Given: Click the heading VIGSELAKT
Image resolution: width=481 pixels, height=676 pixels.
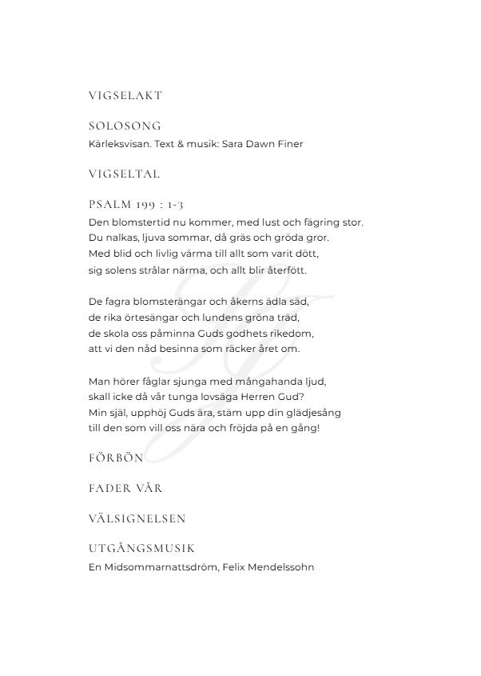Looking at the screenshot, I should pyautogui.click(x=125, y=95).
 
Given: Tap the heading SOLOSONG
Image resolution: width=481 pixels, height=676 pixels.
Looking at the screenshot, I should pyautogui.click(x=125, y=126).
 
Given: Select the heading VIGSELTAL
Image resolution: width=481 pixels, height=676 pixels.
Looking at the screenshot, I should pyautogui.click(x=125, y=173).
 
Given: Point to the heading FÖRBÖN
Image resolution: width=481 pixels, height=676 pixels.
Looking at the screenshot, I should pyautogui.click(x=116, y=458).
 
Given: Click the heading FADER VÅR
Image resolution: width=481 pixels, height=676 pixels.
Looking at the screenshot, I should pyautogui.click(x=125, y=488).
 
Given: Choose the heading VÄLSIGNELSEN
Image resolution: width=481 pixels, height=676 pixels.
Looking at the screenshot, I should pyautogui.click(x=137, y=518).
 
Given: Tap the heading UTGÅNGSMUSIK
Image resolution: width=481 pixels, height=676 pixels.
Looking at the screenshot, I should pyautogui.click(x=142, y=549).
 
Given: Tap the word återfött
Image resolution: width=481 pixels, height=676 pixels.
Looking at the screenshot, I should pyautogui.click(x=284, y=270).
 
